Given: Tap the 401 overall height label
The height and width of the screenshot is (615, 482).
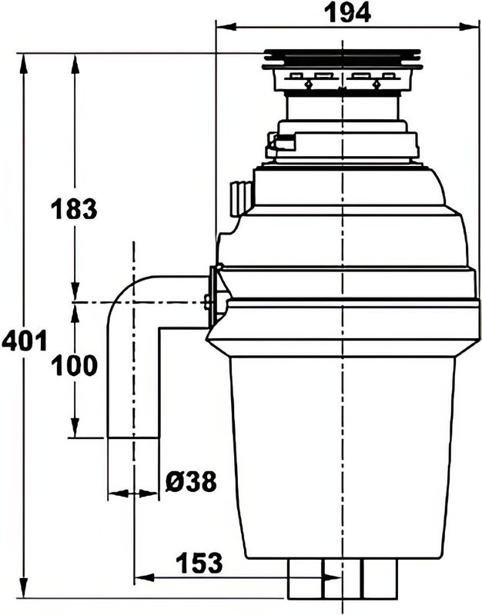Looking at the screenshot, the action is click(x=25, y=340).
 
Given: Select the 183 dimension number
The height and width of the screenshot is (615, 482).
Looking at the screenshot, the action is click(x=74, y=208).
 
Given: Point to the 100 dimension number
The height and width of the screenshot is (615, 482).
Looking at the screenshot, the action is click(x=74, y=365).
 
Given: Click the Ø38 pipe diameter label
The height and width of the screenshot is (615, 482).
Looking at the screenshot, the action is click(x=191, y=481).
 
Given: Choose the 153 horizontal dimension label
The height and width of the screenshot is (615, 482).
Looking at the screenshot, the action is click(x=199, y=563).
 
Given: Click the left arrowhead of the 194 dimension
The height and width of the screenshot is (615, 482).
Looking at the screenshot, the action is click(x=226, y=27).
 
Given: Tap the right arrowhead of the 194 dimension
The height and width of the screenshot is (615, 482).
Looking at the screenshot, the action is click(x=469, y=27).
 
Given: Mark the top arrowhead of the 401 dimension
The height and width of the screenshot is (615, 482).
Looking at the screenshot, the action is click(x=25, y=63).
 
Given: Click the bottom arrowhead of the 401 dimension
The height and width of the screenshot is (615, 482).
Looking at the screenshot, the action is click(x=25, y=588).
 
